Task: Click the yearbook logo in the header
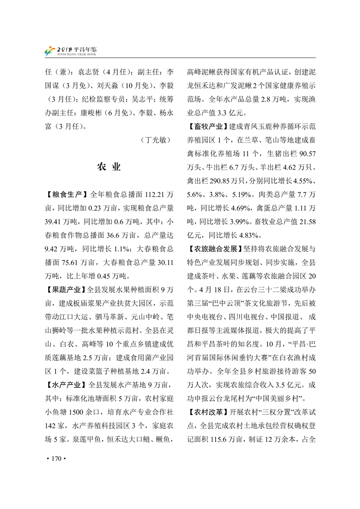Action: point(49,51)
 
